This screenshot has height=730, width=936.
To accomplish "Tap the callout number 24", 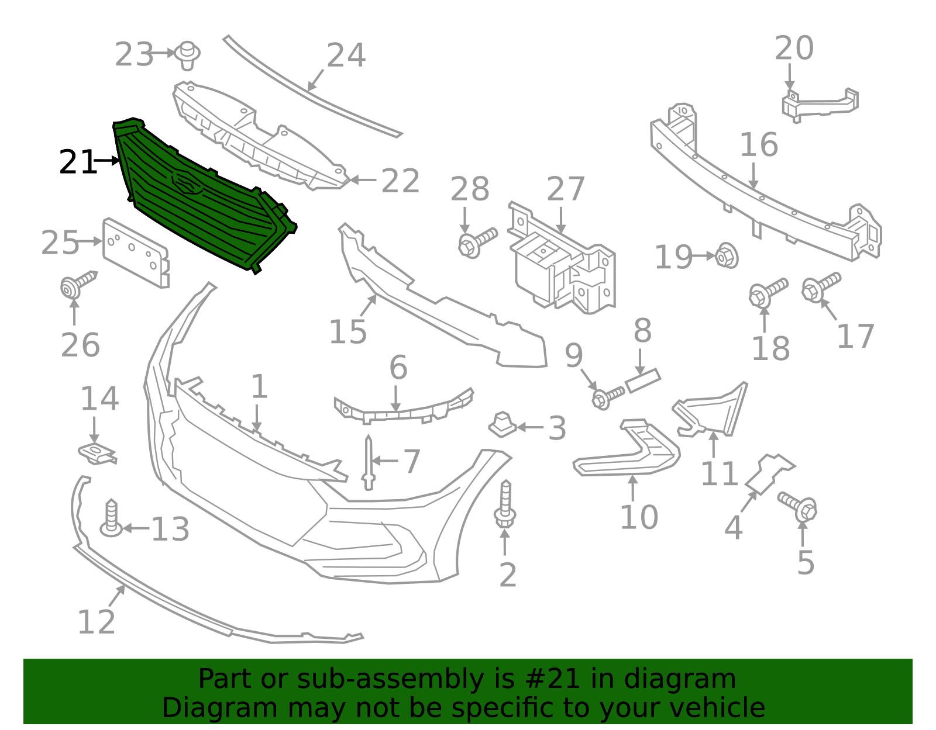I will (x=346, y=56).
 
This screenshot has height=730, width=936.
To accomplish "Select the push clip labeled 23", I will (x=188, y=54).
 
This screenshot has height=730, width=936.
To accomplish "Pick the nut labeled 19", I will (x=727, y=256).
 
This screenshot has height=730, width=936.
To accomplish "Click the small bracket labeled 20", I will (x=819, y=104).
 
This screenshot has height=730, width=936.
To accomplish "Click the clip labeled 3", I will (x=502, y=425).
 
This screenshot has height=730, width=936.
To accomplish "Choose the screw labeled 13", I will (x=111, y=518).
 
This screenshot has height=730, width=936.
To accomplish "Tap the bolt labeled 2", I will (x=505, y=505).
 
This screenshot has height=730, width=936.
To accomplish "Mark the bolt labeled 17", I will (x=821, y=286).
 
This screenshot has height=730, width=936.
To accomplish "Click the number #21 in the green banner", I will (x=553, y=679).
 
